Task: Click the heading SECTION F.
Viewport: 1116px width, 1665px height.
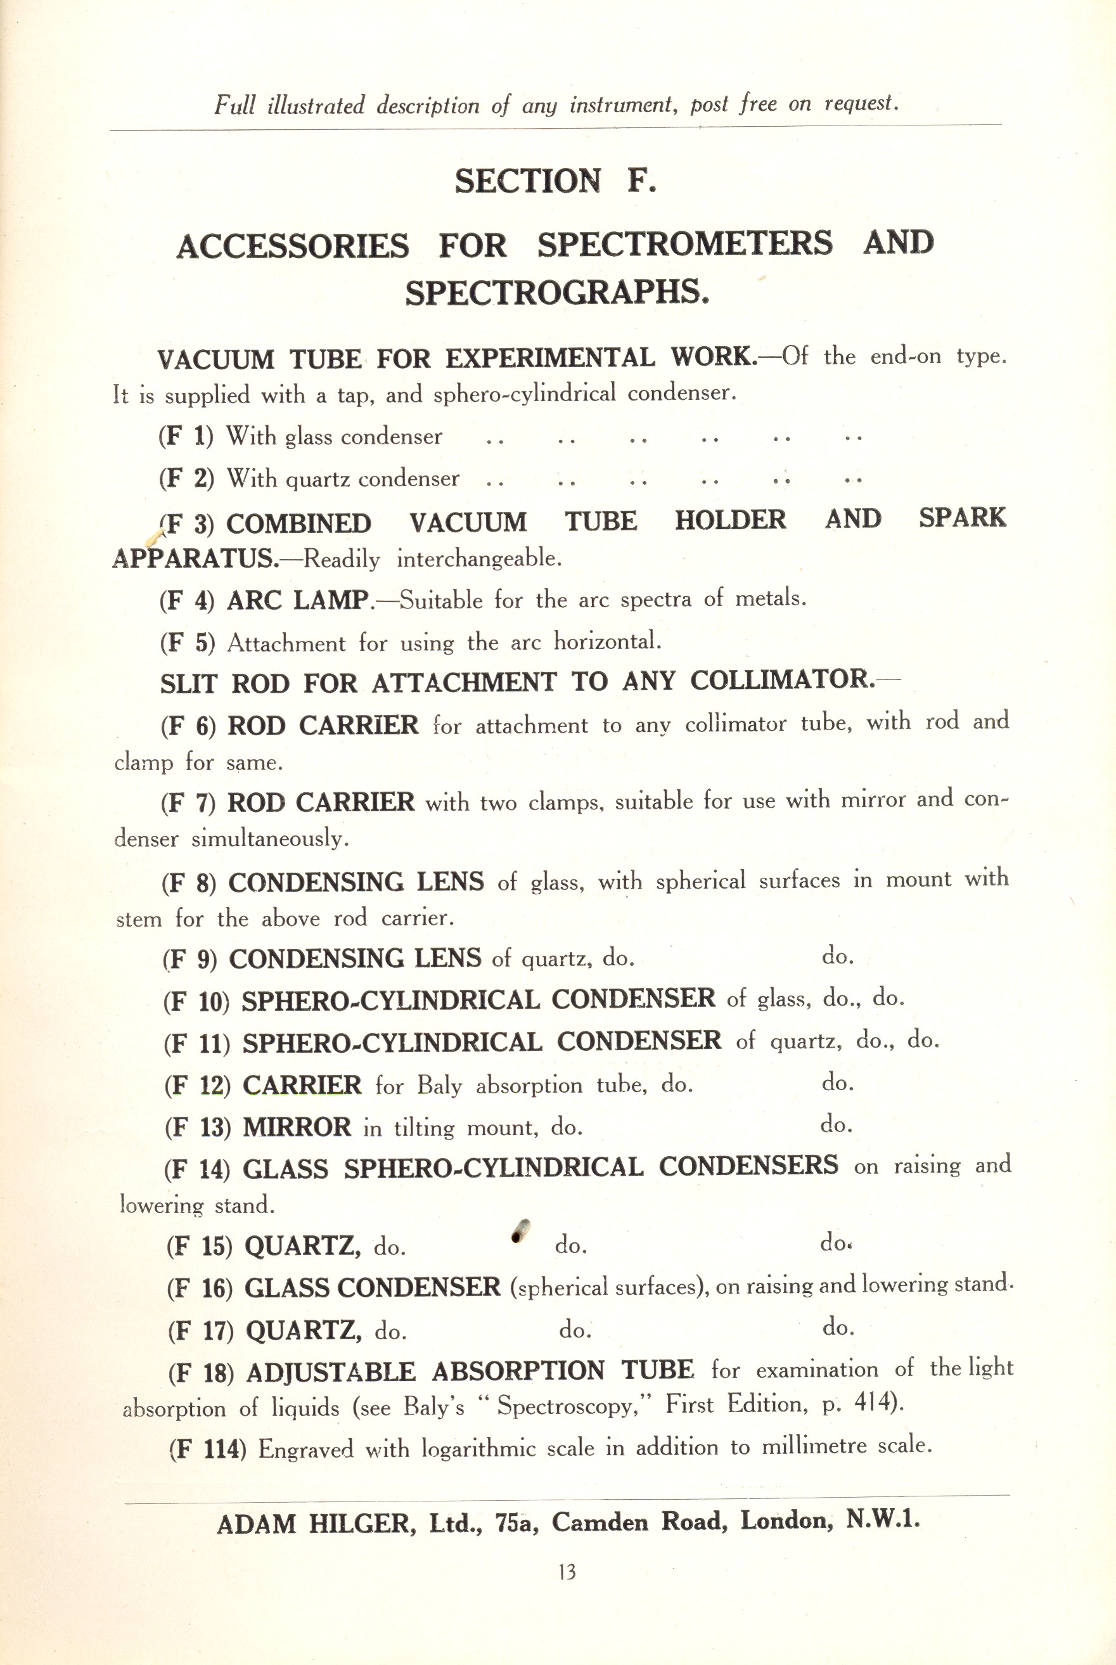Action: pyautogui.click(x=555, y=181)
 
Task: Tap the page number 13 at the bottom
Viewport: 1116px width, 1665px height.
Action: pyautogui.click(x=567, y=1572)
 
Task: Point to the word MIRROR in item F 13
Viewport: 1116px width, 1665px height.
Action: pyautogui.click(x=297, y=1127)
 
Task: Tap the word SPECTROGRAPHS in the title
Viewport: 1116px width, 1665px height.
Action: pyautogui.click(x=557, y=292)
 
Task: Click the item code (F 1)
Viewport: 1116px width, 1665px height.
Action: pyautogui.click(x=186, y=435)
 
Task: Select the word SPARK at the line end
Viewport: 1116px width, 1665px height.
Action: pyautogui.click(x=962, y=518)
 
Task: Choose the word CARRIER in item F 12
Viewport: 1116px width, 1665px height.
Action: pyautogui.click(x=302, y=1085)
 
